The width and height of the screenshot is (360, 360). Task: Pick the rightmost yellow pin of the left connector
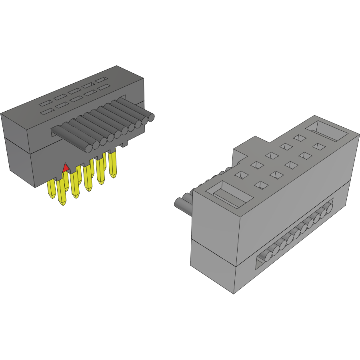pos(113,164)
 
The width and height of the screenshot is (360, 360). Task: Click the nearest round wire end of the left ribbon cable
pos(88,147)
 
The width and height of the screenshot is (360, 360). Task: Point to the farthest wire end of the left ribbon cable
pos(151,117)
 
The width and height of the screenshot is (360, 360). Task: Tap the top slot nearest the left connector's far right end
pos(101,80)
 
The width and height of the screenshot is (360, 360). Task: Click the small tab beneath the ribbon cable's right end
pos(124,142)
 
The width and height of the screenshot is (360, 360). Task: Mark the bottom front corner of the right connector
pos(234,293)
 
